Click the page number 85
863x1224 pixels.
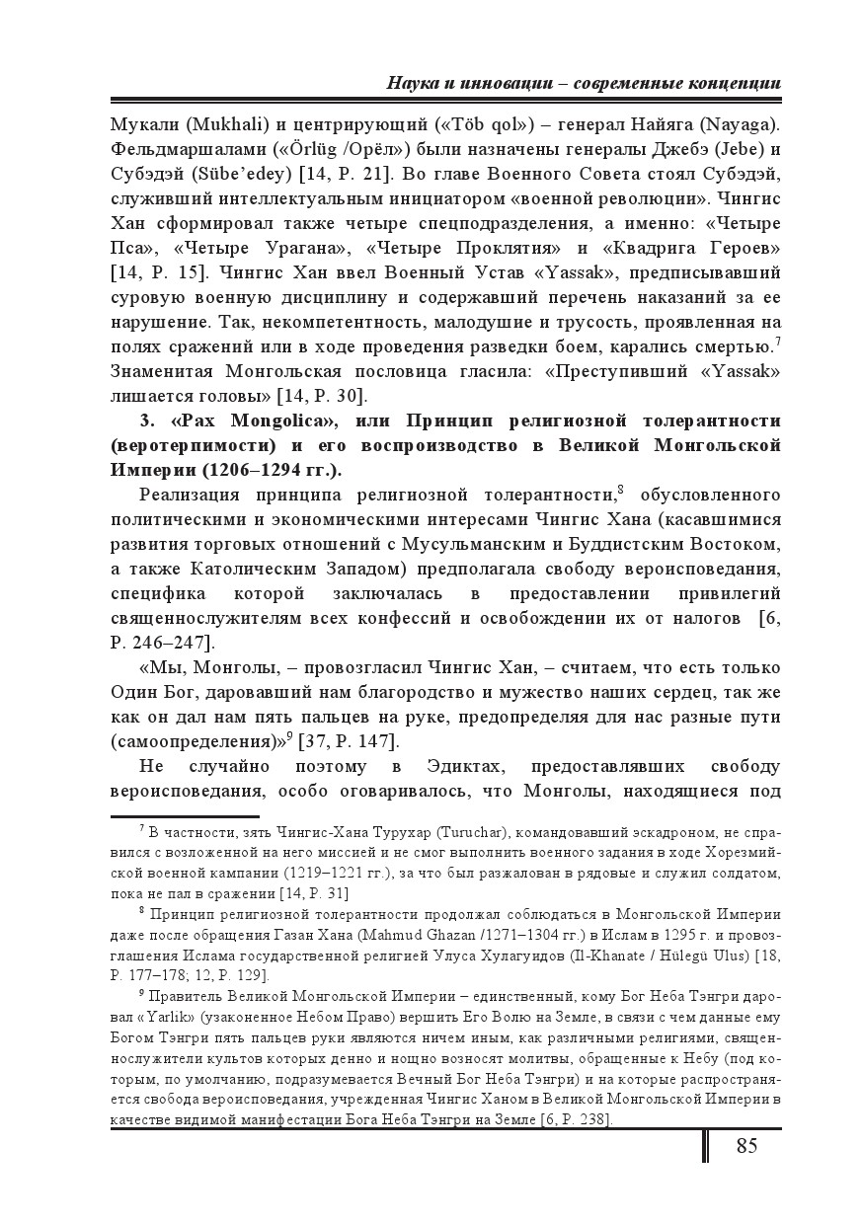pos(746,1145)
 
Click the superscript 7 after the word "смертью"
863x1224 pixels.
pos(778,339)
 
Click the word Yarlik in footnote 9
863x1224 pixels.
pos(192,1018)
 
